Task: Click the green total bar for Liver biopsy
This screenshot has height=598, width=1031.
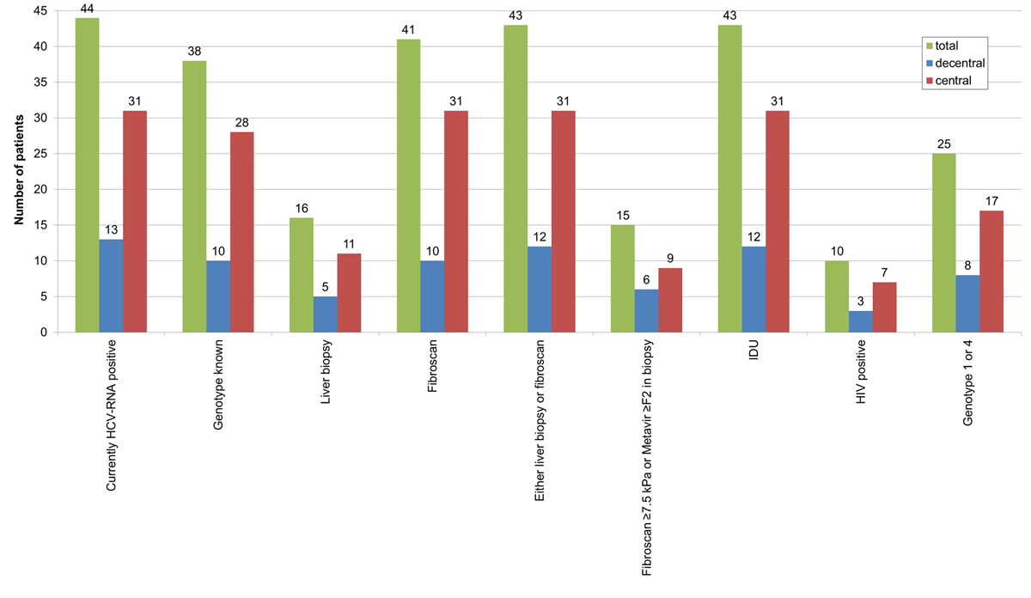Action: (x=302, y=275)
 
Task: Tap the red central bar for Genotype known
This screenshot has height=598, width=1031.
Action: (x=241, y=232)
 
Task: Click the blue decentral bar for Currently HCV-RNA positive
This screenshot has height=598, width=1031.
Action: (x=111, y=285)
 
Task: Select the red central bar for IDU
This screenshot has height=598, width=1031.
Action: (x=778, y=222)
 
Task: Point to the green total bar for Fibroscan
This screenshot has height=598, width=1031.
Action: (x=408, y=186)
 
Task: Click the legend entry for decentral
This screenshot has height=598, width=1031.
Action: (x=961, y=63)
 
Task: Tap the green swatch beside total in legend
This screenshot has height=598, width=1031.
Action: (x=930, y=45)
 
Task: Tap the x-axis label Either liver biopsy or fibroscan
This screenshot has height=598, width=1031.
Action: (x=540, y=419)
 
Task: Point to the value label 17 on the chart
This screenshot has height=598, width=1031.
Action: (x=991, y=200)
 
